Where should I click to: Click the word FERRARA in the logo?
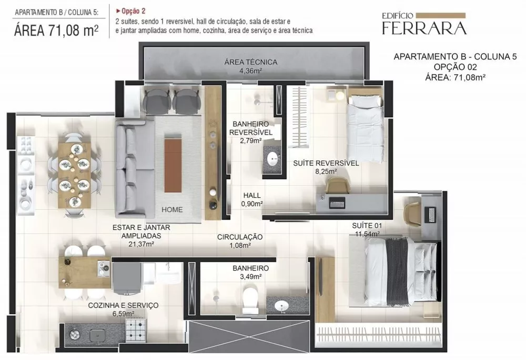424,28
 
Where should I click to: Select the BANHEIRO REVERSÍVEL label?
251,129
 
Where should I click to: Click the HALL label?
252,195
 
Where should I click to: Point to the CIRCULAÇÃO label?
240,237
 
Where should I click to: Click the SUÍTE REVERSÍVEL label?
326,163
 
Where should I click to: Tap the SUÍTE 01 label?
367,226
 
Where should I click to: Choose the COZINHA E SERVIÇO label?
123,305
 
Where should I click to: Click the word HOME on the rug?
172,209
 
